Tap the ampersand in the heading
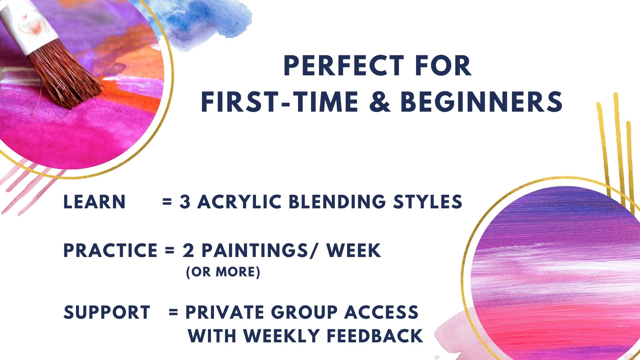click(x=380, y=101)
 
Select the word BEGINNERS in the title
click(x=481, y=101)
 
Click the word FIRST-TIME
click(x=279, y=101)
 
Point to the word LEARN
click(x=94, y=202)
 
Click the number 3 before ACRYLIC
click(x=185, y=202)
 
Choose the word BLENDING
click(x=337, y=202)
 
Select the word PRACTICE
click(x=110, y=251)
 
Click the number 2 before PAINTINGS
click(x=188, y=251)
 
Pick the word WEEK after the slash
click(x=354, y=251)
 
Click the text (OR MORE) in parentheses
click(x=223, y=272)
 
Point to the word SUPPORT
click(x=107, y=312)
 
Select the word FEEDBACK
click(x=374, y=336)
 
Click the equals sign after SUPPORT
click(x=173, y=313)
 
